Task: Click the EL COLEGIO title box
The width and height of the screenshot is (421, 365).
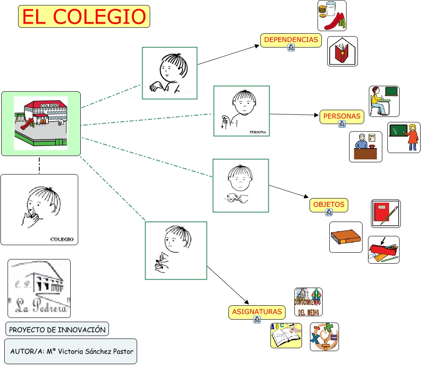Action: (x=84, y=16)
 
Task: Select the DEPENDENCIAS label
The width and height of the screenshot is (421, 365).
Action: (x=291, y=40)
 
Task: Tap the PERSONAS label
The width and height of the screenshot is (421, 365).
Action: (x=342, y=116)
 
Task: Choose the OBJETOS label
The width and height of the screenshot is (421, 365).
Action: (x=328, y=205)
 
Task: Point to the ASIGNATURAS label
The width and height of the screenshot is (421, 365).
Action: (x=257, y=312)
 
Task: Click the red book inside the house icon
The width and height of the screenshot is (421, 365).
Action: (x=342, y=51)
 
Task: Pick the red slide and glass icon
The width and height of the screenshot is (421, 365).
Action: (x=332, y=16)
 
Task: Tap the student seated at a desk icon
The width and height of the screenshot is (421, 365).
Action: (x=384, y=101)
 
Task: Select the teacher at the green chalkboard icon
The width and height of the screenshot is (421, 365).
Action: (x=404, y=137)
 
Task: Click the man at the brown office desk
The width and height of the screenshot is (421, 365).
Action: (x=365, y=146)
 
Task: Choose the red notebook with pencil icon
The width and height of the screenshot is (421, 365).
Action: (x=386, y=214)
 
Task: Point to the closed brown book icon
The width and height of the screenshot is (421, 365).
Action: (x=346, y=237)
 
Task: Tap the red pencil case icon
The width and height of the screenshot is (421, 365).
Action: (x=384, y=250)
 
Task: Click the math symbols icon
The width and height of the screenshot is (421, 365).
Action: (x=324, y=337)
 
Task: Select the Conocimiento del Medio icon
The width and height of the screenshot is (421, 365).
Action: (x=308, y=302)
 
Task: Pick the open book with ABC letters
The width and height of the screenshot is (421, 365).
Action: (x=286, y=336)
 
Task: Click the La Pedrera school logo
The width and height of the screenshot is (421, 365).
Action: (x=39, y=288)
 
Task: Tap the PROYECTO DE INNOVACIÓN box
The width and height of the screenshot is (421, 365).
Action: (x=57, y=329)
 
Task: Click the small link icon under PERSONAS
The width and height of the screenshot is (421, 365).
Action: (x=342, y=124)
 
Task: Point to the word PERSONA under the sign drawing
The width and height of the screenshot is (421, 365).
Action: (x=258, y=132)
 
